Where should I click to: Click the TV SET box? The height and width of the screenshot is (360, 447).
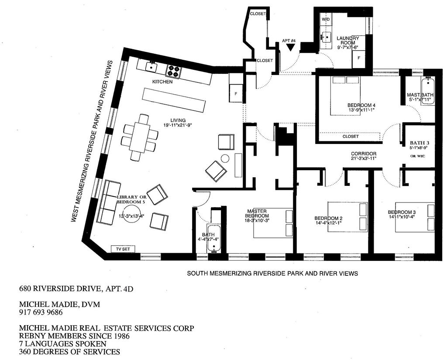click(x=123, y=249)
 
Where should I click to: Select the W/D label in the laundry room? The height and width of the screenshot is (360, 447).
click(x=326, y=20)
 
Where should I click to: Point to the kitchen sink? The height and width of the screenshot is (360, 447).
click(x=152, y=66)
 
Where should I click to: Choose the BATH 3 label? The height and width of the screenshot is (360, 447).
click(x=419, y=143)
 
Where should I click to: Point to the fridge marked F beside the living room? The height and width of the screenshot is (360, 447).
click(x=236, y=93)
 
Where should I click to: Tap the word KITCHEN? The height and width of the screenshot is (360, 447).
click(x=162, y=82)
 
